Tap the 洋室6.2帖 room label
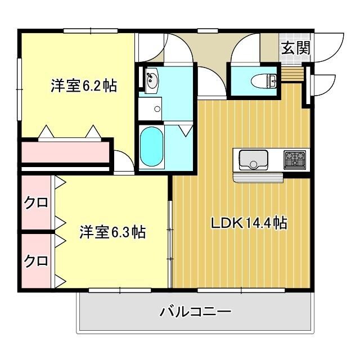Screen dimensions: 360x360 [x=84, y=86]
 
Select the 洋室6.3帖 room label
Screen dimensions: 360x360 [x=112, y=231]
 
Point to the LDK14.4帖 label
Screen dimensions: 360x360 [x=249, y=223]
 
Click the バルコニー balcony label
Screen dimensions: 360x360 [x=195, y=311]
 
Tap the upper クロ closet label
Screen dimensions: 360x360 [x=35, y=202]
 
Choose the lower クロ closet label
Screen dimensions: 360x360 [x=35, y=261]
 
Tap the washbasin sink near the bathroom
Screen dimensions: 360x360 [x=152, y=82]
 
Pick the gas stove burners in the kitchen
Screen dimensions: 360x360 [x=296, y=159]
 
